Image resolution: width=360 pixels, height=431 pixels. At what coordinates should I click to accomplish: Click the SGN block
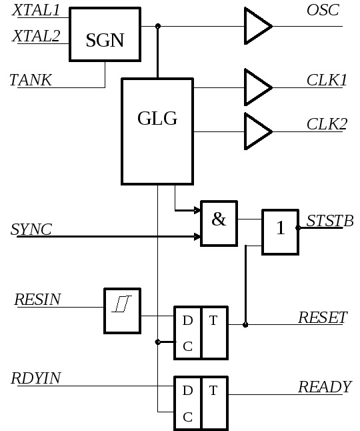pyautogui.click(x=105, y=34)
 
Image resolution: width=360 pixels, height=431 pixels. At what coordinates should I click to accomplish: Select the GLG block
pyautogui.click(x=157, y=131)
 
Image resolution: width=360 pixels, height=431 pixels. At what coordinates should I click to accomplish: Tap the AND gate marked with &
pyautogui.click(x=219, y=224)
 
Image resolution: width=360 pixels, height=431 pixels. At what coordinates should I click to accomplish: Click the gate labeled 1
pyautogui.click(x=281, y=232)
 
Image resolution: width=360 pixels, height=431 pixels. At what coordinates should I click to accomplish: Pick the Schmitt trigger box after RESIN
pyautogui.click(x=122, y=311)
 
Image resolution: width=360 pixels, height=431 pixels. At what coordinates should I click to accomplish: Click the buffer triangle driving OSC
pyautogui.click(x=258, y=26)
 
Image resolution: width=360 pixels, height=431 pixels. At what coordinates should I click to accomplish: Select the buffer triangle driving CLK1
pyautogui.click(x=258, y=87)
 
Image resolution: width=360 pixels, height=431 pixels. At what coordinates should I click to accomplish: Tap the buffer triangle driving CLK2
pyautogui.click(x=258, y=131)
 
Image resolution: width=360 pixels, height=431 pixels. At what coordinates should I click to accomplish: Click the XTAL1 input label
pyautogui.click(x=36, y=10)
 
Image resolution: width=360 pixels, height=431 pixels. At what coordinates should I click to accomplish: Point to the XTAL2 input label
pyautogui.click(x=36, y=36)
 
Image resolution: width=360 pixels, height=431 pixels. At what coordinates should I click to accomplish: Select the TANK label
pyautogui.click(x=31, y=80)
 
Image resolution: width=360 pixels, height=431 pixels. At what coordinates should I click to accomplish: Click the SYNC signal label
pyautogui.click(x=31, y=230)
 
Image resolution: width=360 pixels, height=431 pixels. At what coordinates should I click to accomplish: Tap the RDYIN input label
pyautogui.click(x=36, y=378)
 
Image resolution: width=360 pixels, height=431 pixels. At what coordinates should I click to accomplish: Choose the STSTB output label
pyautogui.click(x=330, y=221)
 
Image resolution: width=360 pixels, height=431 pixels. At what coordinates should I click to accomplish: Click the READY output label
pyautogui.click(x=325, y=387)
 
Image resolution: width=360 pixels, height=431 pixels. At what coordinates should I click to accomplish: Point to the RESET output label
pyautogui.click(x=323, y=318)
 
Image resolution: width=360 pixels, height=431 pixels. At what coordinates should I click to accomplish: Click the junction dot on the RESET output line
pyautogui.click(x=245, y=325)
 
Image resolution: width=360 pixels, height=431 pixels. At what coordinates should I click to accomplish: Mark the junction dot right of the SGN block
pyautogui.click(x=157, y=26)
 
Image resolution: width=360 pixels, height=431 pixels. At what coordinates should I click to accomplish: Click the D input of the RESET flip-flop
pyautogui.click(x=187, y=320)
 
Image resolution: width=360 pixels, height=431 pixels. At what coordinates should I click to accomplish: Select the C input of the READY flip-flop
pyautogui.click(x=187, y=417)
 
